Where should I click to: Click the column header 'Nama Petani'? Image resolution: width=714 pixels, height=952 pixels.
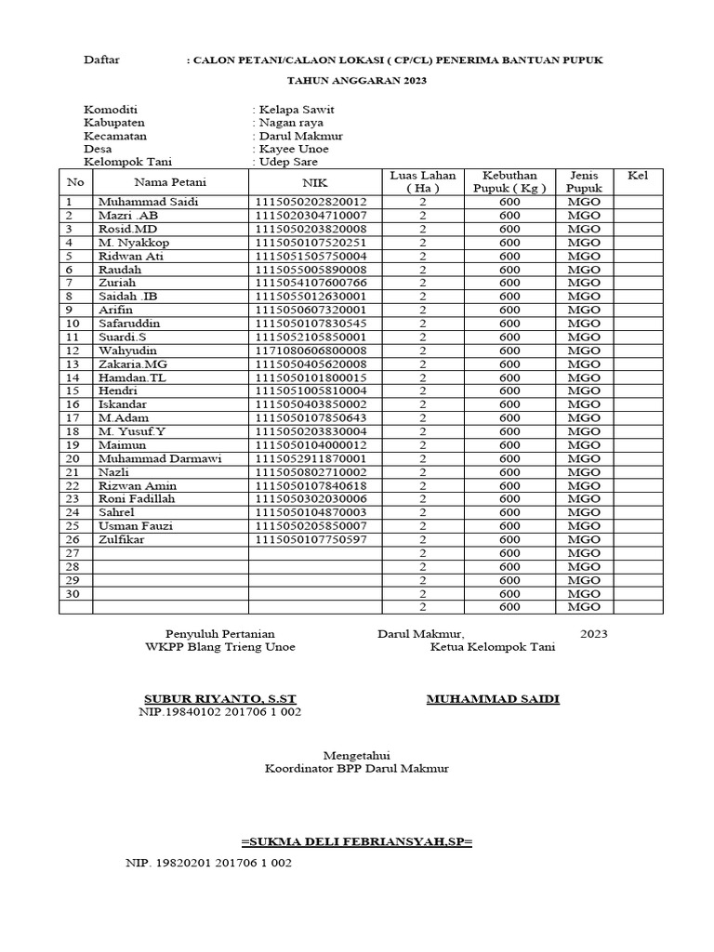(x=170, y=182)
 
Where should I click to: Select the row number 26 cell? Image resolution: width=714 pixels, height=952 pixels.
(x=73, y=539)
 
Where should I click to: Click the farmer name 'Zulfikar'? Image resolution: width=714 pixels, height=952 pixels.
(x=122, y=539)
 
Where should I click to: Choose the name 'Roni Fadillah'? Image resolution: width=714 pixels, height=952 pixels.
(x=137, y=499)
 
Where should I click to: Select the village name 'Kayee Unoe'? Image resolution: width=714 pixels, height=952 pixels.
(x=294, y=149)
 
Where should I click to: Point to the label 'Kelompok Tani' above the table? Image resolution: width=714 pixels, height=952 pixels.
(x=128, y=162)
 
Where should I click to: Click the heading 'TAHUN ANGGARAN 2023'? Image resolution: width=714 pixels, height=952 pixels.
(x=357, y=81)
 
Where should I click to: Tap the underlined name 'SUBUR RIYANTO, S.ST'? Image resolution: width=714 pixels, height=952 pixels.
(x=220, y=698)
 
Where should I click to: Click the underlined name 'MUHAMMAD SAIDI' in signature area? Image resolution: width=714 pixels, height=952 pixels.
(x=493, y=698)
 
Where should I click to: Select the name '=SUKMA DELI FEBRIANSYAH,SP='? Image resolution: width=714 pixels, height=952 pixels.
(x=357, y=842)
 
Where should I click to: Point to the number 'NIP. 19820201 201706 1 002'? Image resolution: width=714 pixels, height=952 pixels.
(x=208, y=864)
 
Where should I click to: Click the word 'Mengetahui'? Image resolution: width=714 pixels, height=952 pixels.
(x=356, y=755)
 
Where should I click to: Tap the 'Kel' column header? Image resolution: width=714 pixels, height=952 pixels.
(x=638, y=176)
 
